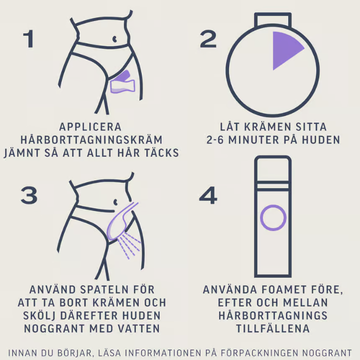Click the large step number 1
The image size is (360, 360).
click(x=29, y=39)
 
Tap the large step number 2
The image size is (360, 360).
click(x=208, y=39)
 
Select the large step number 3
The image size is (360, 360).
click(x=29, y=195)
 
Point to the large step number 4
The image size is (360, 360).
click(x=208, y=195)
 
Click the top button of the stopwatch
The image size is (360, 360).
click(x=273, y=19)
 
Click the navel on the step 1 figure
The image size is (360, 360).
click(x=114, y=39)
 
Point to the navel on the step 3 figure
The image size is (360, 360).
click(x=115, y=202)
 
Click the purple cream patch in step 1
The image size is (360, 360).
click(x=122, y=82)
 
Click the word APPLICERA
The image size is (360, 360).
click(x=90, y=127)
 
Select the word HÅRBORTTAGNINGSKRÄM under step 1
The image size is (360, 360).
click(x=91, y=140)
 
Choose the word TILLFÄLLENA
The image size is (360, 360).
click(x=273, y=328)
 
